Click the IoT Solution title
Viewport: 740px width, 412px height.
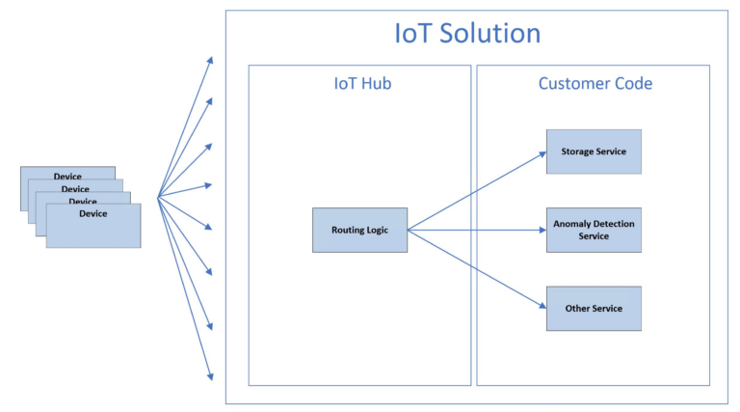coord(467,33)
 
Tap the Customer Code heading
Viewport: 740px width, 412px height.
coord(595,84)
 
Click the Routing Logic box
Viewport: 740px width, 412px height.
coord(359,231)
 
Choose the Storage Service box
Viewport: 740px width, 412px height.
coord(594,151)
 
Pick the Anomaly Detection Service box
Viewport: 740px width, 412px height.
coord(594,230)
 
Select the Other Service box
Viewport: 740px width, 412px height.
coord(594,309)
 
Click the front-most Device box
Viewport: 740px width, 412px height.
coord(93,226)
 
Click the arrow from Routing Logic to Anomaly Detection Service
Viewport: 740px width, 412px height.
coord(477,231)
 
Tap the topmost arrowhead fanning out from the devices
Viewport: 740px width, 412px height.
coord(210,61)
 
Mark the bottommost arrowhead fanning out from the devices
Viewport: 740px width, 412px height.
coord(210,375)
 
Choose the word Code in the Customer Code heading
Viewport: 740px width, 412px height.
coord(632,84)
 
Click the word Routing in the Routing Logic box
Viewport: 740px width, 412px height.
coord(348,231)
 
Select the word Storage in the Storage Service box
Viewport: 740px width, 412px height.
coord(578,151)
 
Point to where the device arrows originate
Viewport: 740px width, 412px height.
coord(158,197)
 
